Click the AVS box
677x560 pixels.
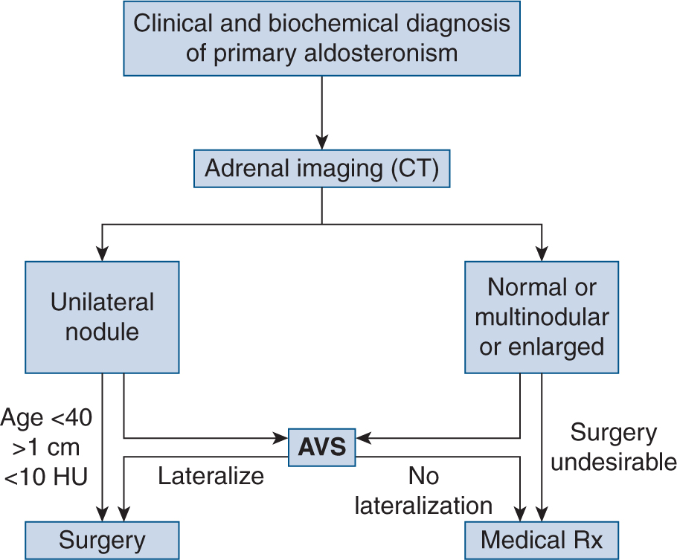click(x=321, y=448)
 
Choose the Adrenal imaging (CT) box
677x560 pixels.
click(x=322, y=169)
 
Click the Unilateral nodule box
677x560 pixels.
click(x=102, y=317)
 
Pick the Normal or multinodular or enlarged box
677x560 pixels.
click(x=541, y=317)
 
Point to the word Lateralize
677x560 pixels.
click(x=211, y=476)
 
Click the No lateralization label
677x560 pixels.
click(x=423, y=491)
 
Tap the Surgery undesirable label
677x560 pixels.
click(x=613, y=447)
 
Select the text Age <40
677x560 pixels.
click(x=48, y=419)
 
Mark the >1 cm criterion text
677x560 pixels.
click(x=48, y=449)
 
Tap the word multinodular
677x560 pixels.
click(x=541, y=317)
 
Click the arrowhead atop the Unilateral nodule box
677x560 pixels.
click(x=102, y=253)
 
